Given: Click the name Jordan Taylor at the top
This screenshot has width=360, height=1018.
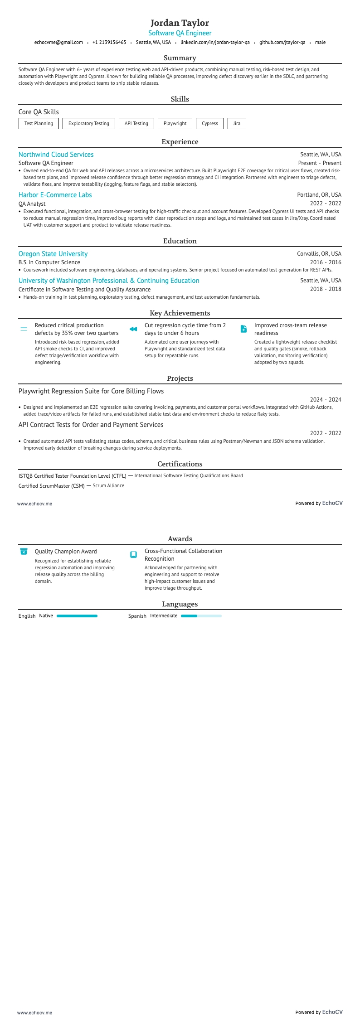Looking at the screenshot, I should (180, 23).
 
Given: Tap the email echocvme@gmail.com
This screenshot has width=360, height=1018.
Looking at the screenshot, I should (58, 42).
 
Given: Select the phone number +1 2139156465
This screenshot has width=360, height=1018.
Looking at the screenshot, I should (109, 42).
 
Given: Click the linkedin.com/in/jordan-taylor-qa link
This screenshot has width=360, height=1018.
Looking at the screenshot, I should (215, 42).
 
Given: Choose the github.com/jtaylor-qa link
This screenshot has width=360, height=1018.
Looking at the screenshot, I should (282, 42).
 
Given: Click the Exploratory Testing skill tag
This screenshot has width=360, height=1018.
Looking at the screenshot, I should (88, 123).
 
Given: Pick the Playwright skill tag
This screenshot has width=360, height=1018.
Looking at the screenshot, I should (175, 123).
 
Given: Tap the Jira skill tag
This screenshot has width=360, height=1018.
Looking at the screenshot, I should (237, 123).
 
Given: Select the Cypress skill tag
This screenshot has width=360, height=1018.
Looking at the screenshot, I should (210, 123).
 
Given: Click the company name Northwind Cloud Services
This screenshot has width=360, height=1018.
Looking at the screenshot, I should (56, 155).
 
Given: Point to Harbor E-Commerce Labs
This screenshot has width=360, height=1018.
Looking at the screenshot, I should (55, 195).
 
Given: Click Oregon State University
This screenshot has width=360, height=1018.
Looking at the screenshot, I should (53, 254).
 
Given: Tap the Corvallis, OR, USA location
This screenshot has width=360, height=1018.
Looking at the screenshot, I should (319, 254).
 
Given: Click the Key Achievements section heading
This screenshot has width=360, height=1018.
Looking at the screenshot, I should (180, 313).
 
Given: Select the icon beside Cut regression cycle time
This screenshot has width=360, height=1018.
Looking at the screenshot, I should (133, 329).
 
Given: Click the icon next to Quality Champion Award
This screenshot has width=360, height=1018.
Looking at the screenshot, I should (24, 552).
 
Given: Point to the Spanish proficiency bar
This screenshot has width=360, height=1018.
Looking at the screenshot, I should (201, 616).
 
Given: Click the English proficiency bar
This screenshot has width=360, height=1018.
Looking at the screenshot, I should (77, 616).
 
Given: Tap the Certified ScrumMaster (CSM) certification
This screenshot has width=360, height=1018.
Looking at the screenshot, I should (51, 486).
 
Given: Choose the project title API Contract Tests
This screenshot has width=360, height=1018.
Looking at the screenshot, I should (91, 425).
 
